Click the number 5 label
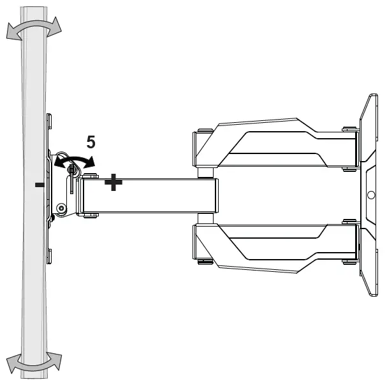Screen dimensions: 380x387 [92, 142]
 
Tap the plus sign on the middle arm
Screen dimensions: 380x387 [113, 183]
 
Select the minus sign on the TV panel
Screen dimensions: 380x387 [40, 185]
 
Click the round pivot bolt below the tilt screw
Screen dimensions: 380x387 [61, 208]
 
